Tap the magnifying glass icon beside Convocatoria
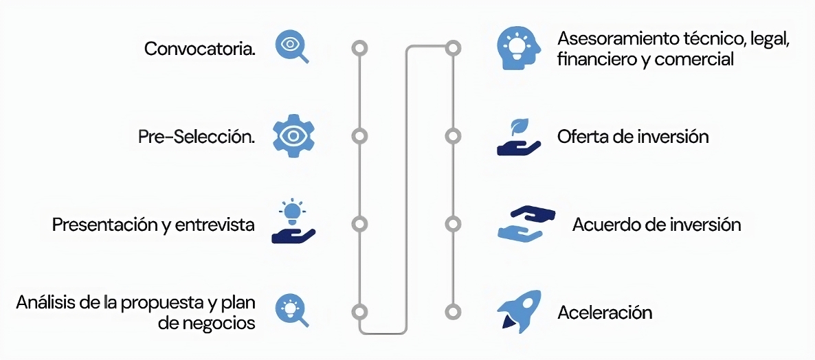[291, 46]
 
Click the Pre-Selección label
[197, 137]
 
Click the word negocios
[216, 322]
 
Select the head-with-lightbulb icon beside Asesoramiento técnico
[518, 48]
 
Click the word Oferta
[581, 136]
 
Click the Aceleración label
[605, 313]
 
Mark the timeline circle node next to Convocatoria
[359, 48]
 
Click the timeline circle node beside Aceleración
[452, 311]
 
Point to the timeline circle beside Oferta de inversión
[452, 136]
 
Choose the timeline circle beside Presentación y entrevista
[359, 224]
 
